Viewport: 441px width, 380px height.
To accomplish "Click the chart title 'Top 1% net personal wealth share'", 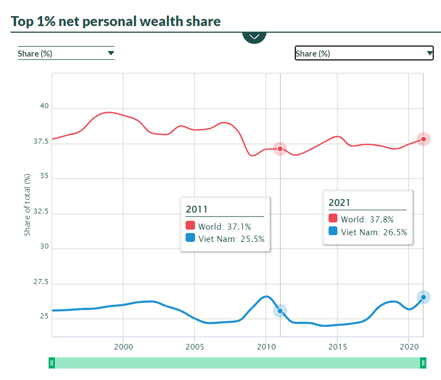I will [x=116, y=22].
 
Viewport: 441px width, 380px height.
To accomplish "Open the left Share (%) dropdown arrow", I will [x=111, y=53].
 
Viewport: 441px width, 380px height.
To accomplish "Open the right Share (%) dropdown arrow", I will [x=430, y=53].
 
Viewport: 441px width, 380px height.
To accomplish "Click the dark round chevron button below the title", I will [x=254, y=36].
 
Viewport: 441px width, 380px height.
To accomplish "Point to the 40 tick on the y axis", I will [x=44, y=107].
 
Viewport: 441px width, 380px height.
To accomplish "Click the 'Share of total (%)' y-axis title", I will [x=27, y=204].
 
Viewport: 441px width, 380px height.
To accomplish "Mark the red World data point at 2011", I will [x=280, y=149].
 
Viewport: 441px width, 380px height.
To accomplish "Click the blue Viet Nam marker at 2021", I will [x=423, y=297].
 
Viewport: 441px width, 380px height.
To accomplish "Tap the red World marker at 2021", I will [x=423, y=139].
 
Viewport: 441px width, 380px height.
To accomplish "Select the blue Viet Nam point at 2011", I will [x=280, y=311].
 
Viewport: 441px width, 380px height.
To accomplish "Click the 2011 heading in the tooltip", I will [x=197, y=210].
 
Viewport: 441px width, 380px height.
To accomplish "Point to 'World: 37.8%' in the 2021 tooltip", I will [x=367, y=219].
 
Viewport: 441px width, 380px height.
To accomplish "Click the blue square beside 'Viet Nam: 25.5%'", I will [x=191, y=239].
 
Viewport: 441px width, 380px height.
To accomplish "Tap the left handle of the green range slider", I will [x=52, y=363].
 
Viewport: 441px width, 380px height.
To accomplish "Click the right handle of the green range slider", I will [x=423, y=363].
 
